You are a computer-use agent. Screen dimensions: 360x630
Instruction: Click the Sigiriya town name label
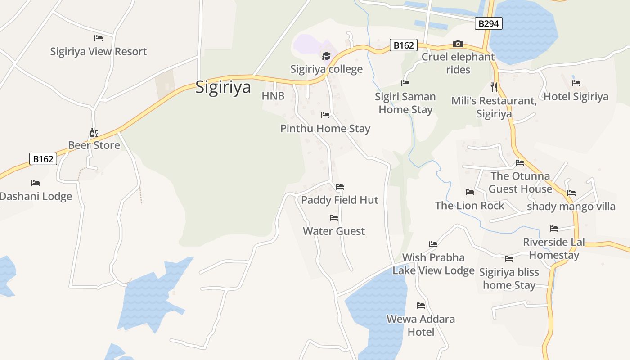click(x=223, y=87)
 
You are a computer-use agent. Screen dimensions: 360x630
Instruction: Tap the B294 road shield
click(x=488, y=23)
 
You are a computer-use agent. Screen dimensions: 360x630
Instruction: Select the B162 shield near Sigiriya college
click(x=403, y=45)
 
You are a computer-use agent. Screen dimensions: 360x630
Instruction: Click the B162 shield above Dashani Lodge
click(x=43, y=159)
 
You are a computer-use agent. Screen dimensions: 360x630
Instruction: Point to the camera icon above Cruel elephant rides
click(x=458, y=44)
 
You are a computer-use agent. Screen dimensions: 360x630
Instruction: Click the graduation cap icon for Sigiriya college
click(x=326, y=56)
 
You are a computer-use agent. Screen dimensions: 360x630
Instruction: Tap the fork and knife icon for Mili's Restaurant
click(x=494, y=87)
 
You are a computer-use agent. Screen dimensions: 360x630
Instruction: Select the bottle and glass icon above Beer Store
click(x=94, y=132)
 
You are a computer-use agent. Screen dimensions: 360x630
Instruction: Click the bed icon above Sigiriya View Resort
click(x=98, y=38)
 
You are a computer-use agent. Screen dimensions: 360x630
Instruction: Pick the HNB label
click(x=273, y=96)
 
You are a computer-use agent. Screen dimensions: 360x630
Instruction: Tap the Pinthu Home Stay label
click(x=325, y=129)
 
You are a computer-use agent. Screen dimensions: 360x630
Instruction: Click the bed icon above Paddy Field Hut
click(x=340, y=187)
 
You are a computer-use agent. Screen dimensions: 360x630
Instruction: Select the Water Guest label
click(x=334, y=231)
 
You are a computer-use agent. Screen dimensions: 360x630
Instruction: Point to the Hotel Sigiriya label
click(x=576, y=96)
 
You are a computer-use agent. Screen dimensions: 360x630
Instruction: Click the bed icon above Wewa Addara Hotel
click(x=421, y=306)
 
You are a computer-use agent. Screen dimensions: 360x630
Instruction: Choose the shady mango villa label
click(x=571, y=207)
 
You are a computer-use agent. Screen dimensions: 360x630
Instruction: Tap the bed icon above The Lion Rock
click(x=470, y=192)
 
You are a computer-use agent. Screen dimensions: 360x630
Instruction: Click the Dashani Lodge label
click(x=36, y=197)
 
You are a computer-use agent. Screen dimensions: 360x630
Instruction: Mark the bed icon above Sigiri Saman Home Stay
click(x=405, y=83)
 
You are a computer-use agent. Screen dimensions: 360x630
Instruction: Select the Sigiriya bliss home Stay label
click(x=509, y=279)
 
